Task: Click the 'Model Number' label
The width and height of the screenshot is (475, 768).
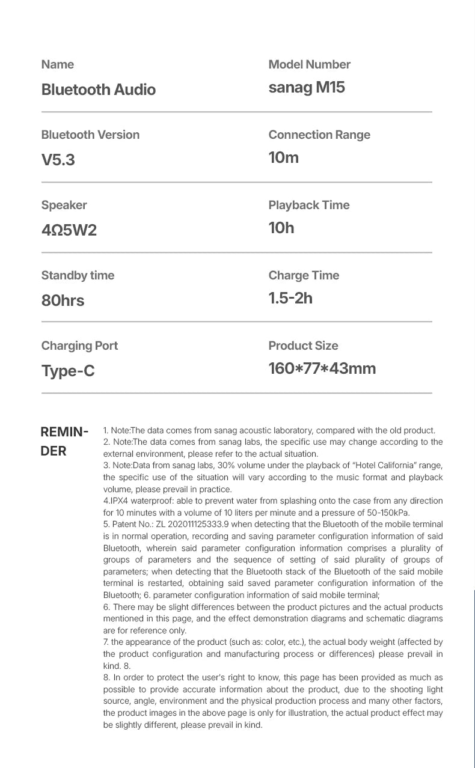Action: click(309, 64)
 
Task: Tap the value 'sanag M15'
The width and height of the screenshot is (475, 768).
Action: click(307, 87)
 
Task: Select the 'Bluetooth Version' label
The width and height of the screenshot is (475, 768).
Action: click(90, 135)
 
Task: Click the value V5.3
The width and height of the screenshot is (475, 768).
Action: click(58, 160)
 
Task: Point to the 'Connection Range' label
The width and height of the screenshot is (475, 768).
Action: click(319, 135)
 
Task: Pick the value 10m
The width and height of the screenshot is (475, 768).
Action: click(283, 157)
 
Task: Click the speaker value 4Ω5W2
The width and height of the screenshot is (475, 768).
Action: click(69, 230)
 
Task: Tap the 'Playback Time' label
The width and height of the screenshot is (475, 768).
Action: click(308, 205)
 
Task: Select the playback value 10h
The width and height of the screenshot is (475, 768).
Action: click(281, 228)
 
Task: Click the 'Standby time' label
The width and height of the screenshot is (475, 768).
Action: click(78, 275)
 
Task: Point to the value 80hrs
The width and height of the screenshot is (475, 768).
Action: click(63, 300)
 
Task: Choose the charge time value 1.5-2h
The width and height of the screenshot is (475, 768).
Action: click(290, 298)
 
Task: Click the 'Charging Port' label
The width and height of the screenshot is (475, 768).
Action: click(79, 346)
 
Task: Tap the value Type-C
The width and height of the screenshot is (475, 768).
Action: click(68, 371)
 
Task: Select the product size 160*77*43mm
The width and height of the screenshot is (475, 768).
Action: click(322, 368)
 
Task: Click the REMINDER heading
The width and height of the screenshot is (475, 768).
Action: click(64, 441)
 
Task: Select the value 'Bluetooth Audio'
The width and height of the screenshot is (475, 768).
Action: click(98, 90)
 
